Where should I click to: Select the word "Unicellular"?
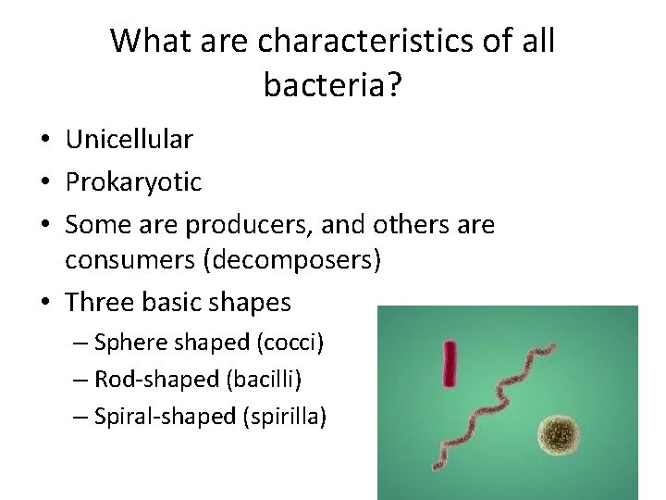129,140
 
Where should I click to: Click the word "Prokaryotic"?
133,182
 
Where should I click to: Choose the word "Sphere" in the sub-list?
126,343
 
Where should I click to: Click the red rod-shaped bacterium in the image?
450,363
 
